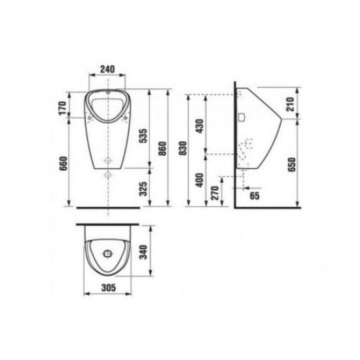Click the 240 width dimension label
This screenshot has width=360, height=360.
pyautogui.click(x=107, y=69)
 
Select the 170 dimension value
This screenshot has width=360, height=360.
pyautogui.click(x=62, y=109)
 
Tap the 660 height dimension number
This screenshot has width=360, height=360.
pyautogui.click(x=63, y=164)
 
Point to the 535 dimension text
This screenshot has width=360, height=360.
pyautogui.click(x=143, y=136)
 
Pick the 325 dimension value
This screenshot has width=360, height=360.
pyautogui.click(x=143, y=189)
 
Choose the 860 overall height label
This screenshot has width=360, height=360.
pyautogui.click(x=162, y=149)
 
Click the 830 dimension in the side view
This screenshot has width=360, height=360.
pyautogui.click(x=183, y=148)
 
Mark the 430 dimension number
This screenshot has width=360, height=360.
pyautogui.click(x=200, y=126)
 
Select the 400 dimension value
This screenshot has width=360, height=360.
pyautogui.click(x=200, y=180)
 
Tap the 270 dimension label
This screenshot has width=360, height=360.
pyautogui.click(x=215, y=193)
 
